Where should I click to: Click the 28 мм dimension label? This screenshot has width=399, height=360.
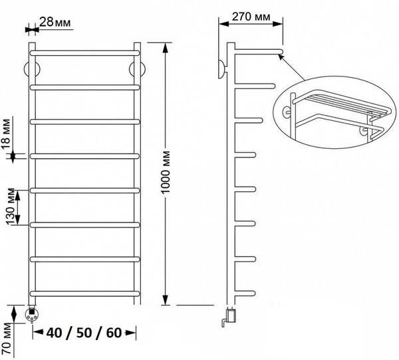coord(55,23)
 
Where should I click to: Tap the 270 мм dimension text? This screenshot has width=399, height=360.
coord(251,17)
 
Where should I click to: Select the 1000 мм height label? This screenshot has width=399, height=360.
coord(166,173)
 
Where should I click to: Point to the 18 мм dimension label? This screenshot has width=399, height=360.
coord(7,134)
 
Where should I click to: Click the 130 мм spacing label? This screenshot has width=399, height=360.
coord(11,207)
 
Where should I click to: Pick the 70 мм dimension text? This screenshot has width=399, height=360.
coord(7,339)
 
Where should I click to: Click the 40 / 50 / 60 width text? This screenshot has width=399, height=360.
coord(84,333)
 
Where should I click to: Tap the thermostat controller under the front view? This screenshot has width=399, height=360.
coord(31,315)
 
